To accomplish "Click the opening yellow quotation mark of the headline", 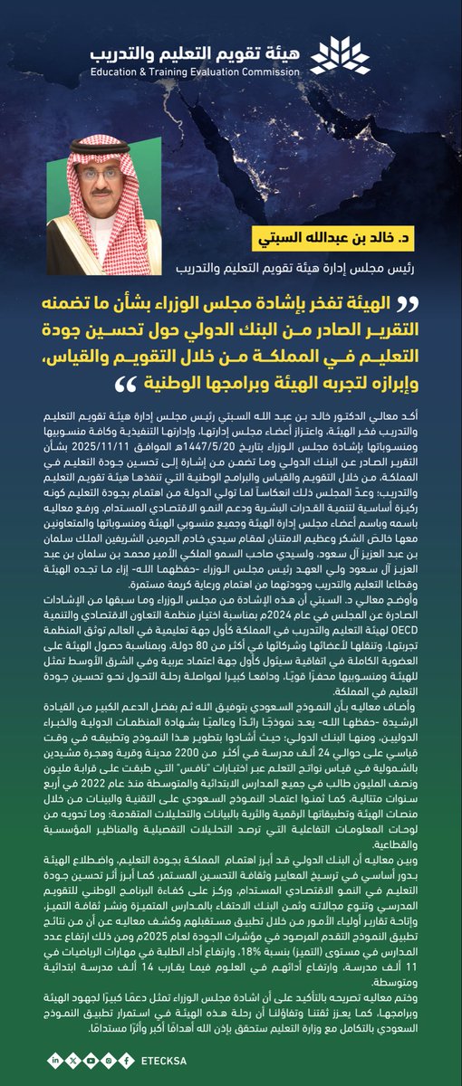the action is click(x=426, y=301).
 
